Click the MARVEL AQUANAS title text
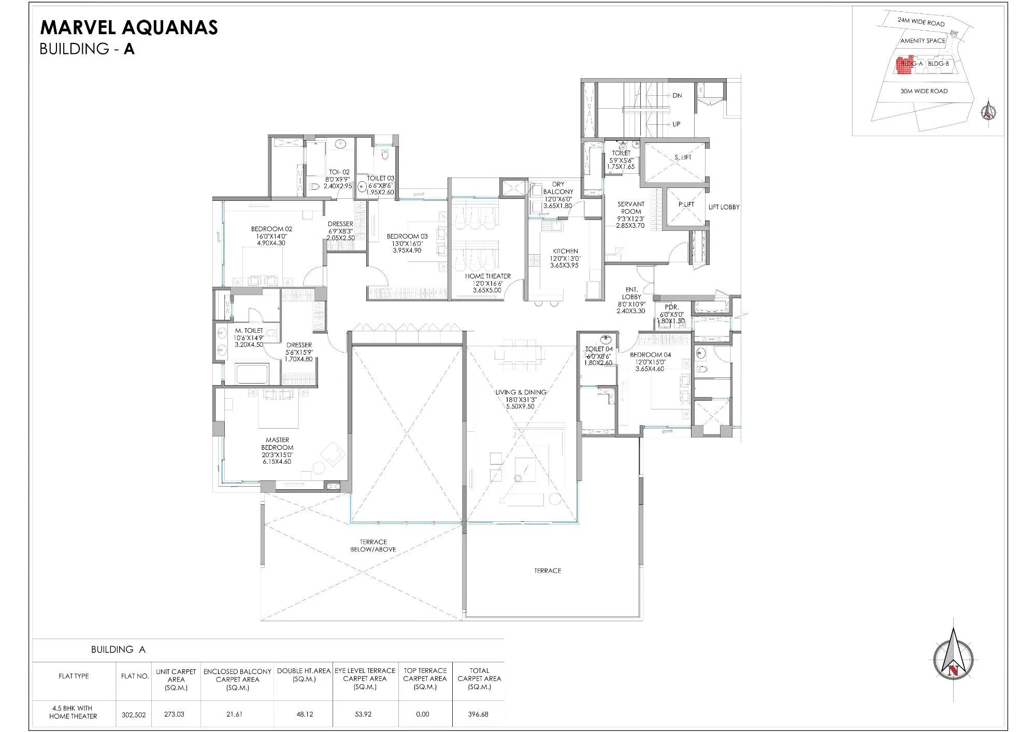pos(129,27)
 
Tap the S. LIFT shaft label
pos(683,157)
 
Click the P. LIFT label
pos(686,204)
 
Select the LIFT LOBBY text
pos(724,207)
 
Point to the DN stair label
pos(677,96)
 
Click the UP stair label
pos(676,124)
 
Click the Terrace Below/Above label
pos(373,546)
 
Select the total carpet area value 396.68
pos(478,714)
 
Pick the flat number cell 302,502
pos(134,714)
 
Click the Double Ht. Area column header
pos(304,675)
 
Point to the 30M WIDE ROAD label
pos(924,91)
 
